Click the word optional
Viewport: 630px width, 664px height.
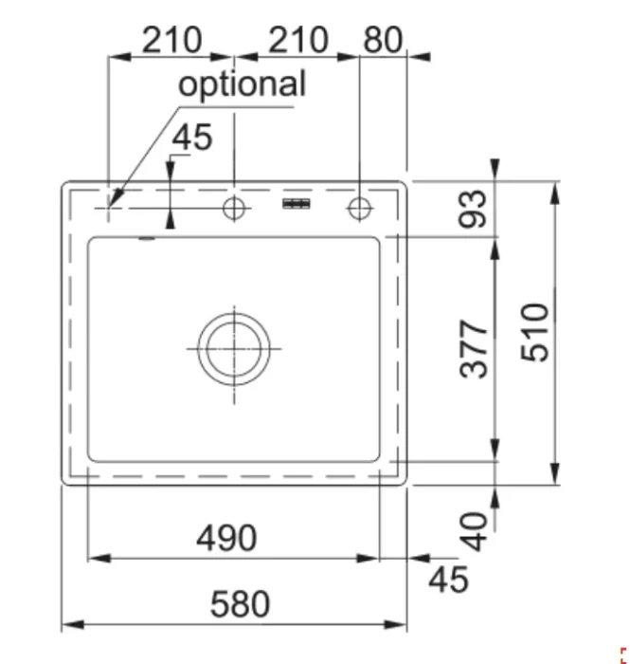(x=242, y=84)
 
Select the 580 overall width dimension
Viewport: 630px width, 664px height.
(x=240, y=604)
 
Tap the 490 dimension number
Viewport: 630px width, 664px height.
(x=226, y=538)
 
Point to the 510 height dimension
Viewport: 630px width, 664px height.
(x=534, y=332)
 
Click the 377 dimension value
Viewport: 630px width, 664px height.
(x=473, y=348)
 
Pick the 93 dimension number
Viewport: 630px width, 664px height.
(x=473, y=209)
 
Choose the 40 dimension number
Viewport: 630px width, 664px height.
(x=473, y=532)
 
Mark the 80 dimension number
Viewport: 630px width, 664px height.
(x=383, y=40)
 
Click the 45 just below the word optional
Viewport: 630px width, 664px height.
(x=191, y=138)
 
